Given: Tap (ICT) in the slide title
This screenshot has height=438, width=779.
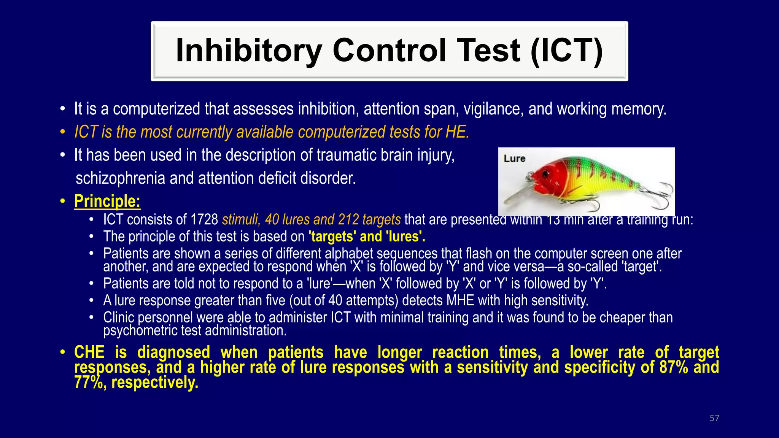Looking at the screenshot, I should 566,51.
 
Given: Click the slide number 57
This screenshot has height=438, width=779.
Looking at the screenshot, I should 714,418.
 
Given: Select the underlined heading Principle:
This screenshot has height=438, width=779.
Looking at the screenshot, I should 107,201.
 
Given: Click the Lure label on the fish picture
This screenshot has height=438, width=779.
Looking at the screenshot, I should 514,159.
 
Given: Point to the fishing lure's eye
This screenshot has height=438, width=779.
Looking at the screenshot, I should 547,174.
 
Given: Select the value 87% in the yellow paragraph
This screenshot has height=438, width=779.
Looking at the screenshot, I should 674,367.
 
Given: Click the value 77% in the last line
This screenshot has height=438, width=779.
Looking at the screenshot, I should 88,382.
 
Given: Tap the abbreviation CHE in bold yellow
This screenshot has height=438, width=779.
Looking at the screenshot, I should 89,352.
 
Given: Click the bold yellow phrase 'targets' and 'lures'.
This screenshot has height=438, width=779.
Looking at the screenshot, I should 367,237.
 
